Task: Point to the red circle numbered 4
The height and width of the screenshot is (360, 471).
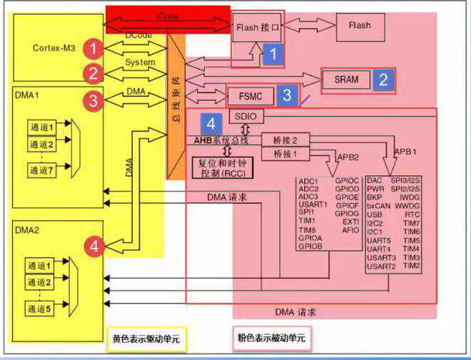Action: tap(93, 246)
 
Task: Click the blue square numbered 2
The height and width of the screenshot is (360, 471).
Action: tap(383, 79)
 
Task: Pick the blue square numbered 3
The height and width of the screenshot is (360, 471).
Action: tap(286, 94)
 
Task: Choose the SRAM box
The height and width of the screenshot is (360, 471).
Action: tap(346, 79)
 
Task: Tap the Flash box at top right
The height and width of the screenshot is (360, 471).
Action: tap(359, 26)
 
